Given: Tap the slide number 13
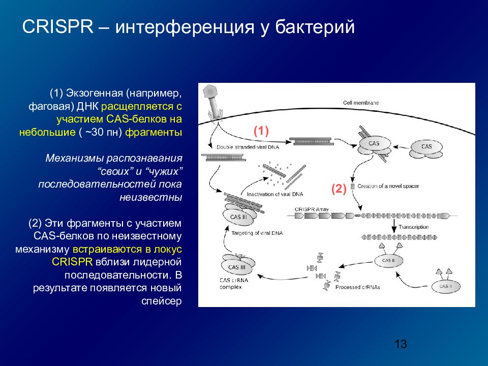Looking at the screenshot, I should tap(401, 344).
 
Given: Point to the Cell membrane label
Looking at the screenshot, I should tap(361, 103).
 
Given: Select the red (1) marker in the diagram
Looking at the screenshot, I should tap(261, 131).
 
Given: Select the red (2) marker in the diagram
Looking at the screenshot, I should tap(339, 190).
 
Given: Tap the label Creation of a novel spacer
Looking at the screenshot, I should tap(388, 187).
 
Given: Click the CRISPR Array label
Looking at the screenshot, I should tap(311, 209).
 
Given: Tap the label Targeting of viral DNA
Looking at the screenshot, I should tap(257, 233).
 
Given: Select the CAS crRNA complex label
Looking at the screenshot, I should tap(234, 283).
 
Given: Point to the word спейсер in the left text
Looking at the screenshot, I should tap(161, 301).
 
